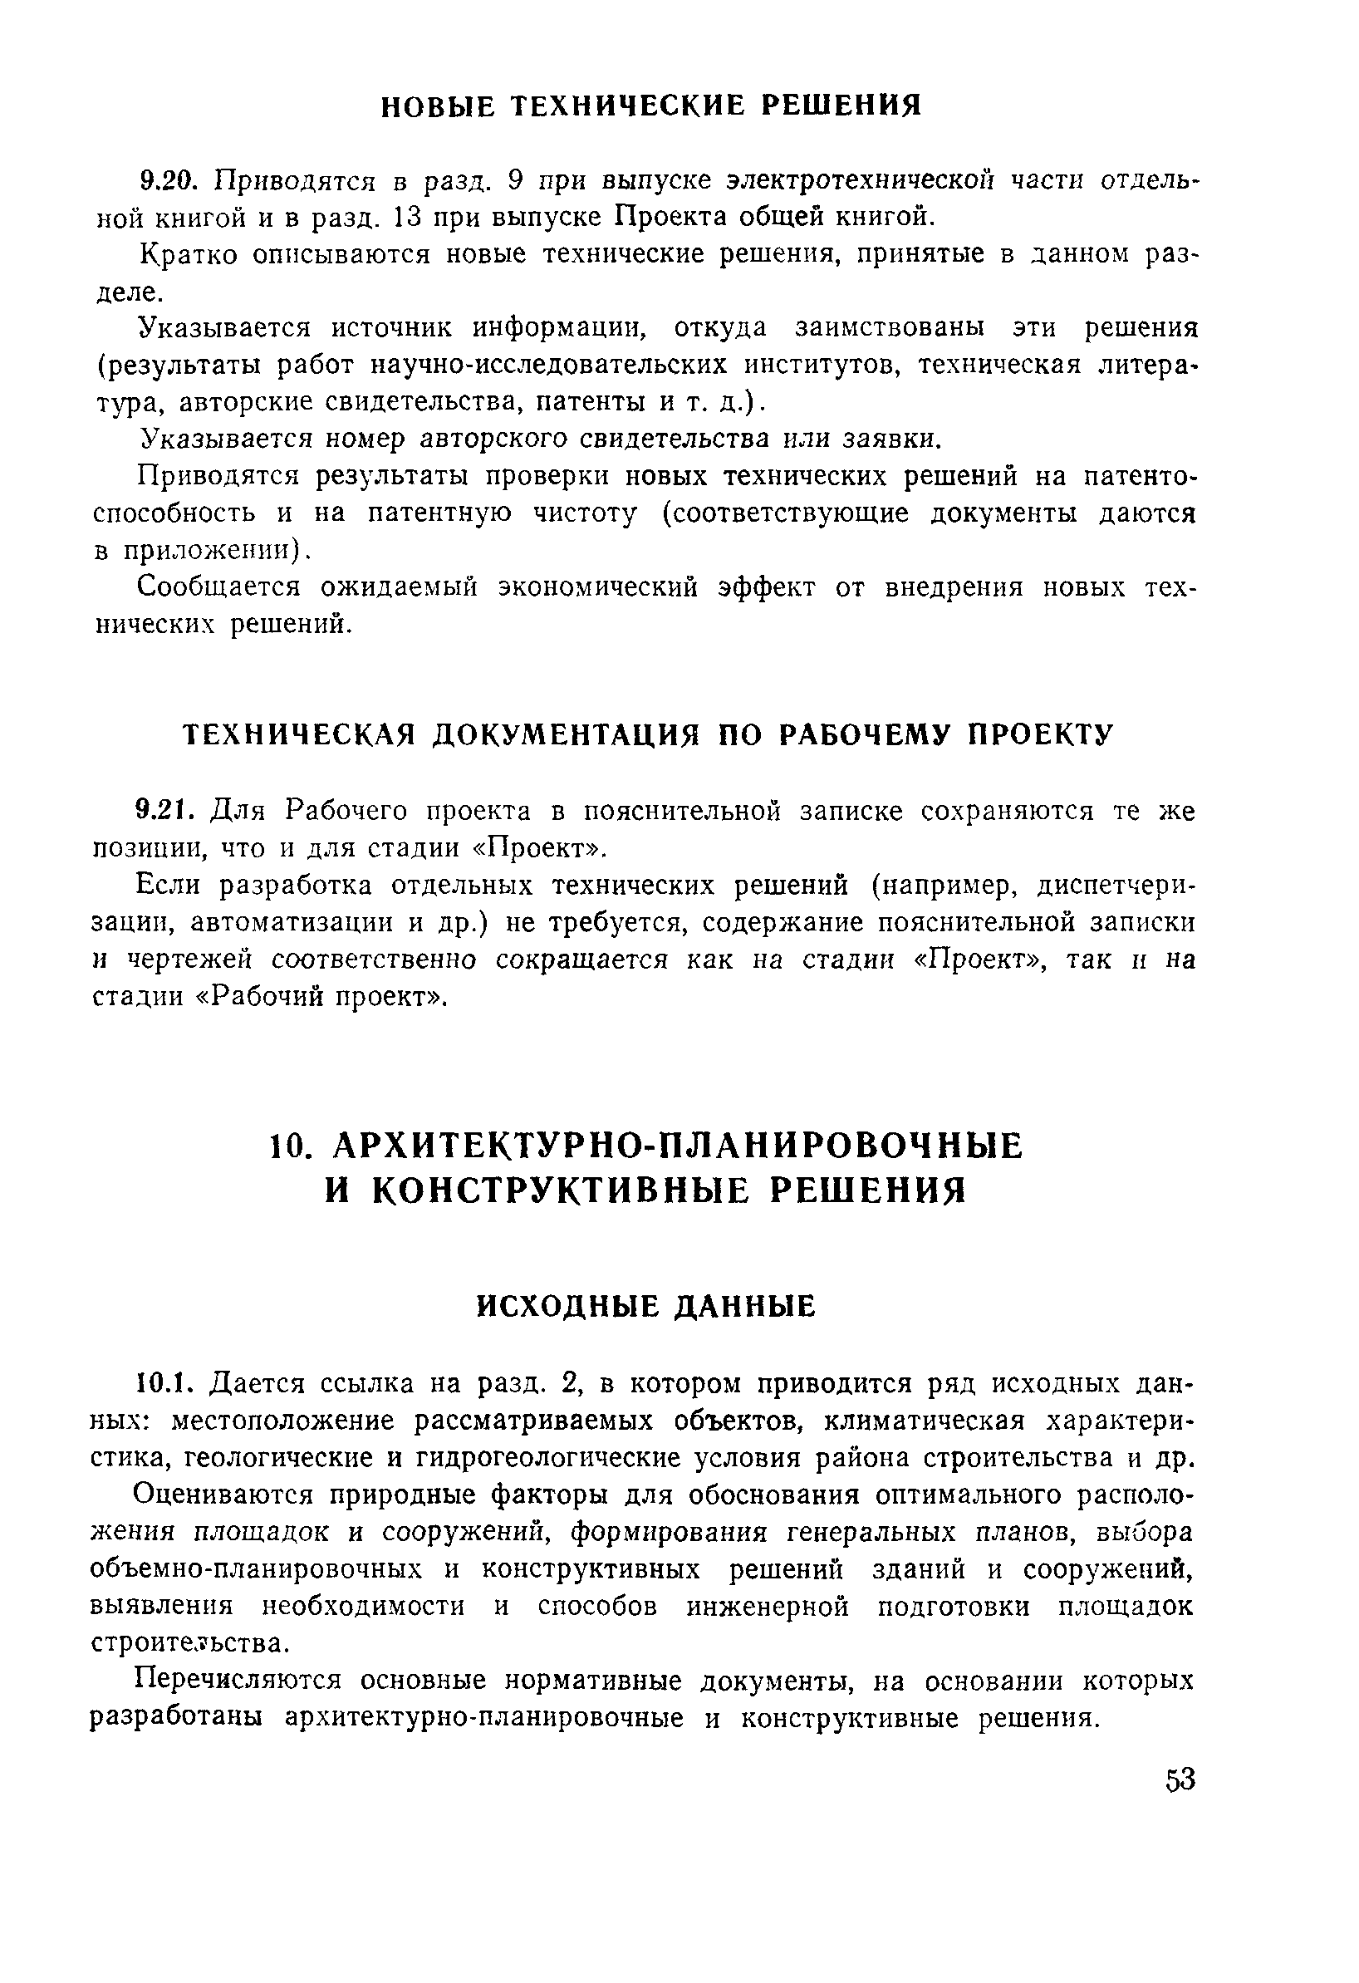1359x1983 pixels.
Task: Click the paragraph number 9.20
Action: tap(169, 180)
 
